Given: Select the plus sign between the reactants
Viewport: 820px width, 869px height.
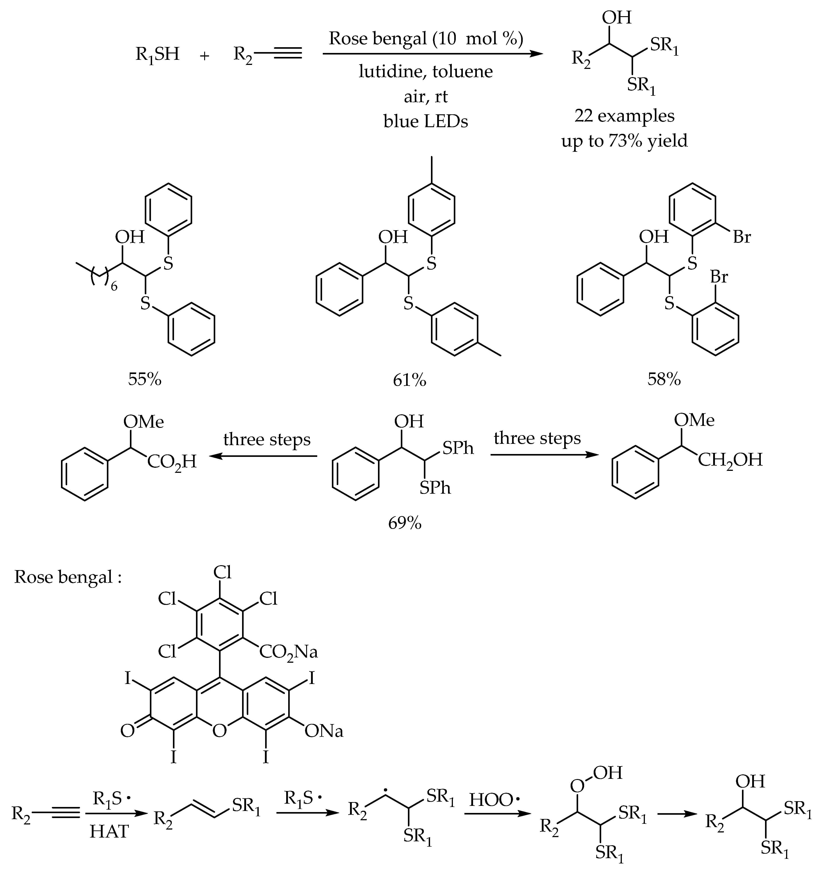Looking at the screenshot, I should click(x=204, y=56).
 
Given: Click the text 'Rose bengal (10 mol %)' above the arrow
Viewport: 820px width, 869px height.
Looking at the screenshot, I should click(x=426, y=39).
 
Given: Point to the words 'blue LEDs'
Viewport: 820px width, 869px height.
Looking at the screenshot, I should click(x=426, y=121).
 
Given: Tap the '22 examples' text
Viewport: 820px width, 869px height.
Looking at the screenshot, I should click(x=624, y=116).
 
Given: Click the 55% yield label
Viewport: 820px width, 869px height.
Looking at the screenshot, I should click(x=145, y=379).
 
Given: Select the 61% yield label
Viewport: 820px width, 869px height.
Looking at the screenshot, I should click(x=409, y=380).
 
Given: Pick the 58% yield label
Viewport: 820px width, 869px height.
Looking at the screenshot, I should click(x=664, y=379).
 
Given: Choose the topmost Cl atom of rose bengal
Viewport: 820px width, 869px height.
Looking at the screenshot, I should click(x=222, y=573).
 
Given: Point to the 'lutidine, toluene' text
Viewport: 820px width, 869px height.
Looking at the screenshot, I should click(x=426, y=71).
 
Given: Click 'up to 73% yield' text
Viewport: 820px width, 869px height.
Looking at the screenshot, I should click(x=624, y=141).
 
